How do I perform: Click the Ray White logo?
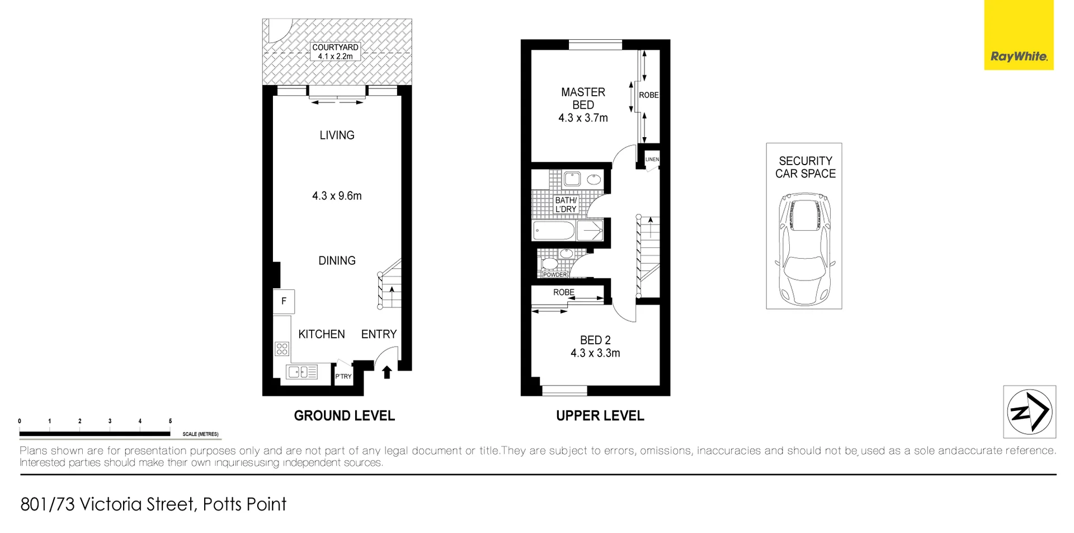click(1019, 56)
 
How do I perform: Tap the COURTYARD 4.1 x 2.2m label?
click(335, 52)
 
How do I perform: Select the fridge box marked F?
click(284, 301)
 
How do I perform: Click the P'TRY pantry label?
click(343, 376)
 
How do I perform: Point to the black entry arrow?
click(387, 372)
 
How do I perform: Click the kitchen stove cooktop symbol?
click(282, 349)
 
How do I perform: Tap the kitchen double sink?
click(302, 372)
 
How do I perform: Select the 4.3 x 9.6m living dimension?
click(337, 196)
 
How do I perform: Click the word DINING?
click(337, 260)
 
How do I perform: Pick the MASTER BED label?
click(583, 99)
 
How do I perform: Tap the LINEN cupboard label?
click(652, 160)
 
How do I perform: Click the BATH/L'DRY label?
click(566, 204)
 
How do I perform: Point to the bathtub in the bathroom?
click(554, 230)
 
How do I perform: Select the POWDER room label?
click(555, 274)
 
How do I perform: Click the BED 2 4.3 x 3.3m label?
click(595, 347)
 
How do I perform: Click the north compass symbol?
click(1029, 412)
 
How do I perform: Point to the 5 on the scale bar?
click(170, 421)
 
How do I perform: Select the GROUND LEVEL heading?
click(344, 415)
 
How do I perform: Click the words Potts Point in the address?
click(244, 504)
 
